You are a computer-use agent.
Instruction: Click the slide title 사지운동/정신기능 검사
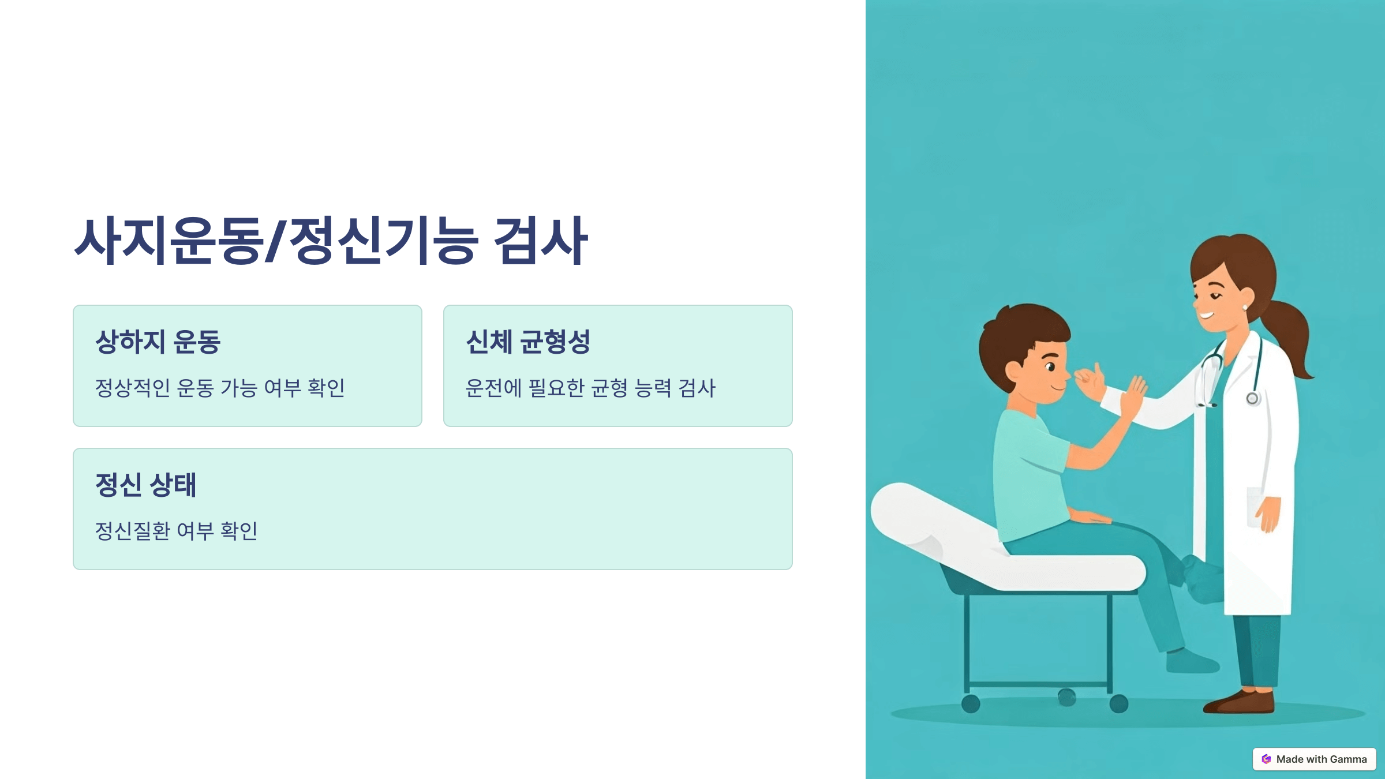coord(331,241)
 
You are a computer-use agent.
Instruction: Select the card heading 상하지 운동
coord(158,342)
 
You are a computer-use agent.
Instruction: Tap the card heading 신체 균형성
coord(527,342)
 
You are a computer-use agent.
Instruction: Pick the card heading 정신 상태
coord(145,485)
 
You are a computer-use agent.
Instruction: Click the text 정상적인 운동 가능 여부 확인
coord(220,388)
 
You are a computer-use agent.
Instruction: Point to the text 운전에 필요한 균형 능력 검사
coord(590,388)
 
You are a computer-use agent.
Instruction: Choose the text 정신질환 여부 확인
coord(176,531)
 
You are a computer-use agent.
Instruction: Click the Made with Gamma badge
coord(1314,759)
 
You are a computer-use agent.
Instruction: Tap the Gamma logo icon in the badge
coord(1266,759)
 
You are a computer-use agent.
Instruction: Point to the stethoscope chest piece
coord(1252,398)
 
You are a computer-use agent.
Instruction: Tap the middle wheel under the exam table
coord(1066,697)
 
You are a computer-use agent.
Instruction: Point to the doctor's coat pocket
coord(1256,508)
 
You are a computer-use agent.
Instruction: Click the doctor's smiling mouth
coord(1206,315)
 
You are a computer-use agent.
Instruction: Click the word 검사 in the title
coord(540,241)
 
